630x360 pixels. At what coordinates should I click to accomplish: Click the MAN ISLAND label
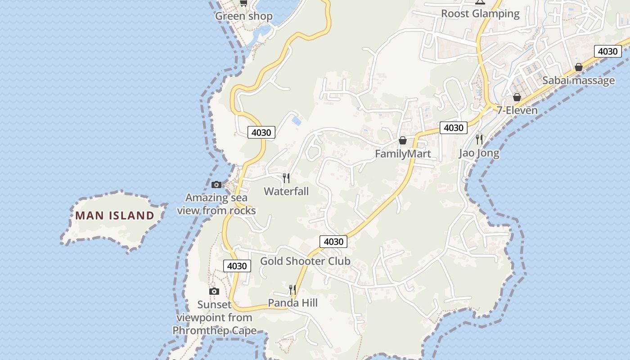(x=115, y=216)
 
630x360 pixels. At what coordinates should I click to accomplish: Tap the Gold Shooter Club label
(x=305, y=261)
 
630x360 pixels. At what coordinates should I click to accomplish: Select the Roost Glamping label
(x=480, y=13)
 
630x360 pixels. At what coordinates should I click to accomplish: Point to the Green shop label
(x=244, y=16)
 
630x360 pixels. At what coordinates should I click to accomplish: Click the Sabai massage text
(x=578, y=81)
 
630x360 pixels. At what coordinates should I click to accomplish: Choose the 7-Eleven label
(x=517, y=110)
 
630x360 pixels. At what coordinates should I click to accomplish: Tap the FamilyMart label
(x=403, y=154)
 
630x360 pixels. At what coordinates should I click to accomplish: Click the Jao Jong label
(x=479, y=153)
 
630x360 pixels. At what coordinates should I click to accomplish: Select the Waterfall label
(x=286, y=191)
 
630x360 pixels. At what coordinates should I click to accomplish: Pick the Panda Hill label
(x=292, y=303)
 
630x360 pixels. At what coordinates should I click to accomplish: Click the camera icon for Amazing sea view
(x=216, y=184)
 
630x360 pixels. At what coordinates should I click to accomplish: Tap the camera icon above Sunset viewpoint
(x=214, y=291)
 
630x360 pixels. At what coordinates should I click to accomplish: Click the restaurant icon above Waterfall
(x=286, y=178)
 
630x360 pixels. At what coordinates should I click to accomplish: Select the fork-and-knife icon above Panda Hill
(x=292, y=289)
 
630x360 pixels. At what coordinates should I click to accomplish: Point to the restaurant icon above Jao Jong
(x=479, y=139)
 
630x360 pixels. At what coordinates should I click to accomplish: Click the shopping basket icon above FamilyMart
(x=403, y=141)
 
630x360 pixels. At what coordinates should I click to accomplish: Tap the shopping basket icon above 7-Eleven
(x=517, y=97)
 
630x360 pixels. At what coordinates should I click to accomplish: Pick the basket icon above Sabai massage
(x=579, y=67)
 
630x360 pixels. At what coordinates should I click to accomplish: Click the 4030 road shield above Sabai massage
(x=607, y=51)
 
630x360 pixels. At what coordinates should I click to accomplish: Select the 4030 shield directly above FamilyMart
(x=453, y=128)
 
